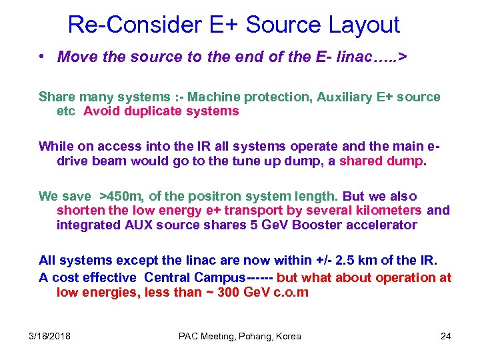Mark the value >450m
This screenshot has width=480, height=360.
coord(121,196)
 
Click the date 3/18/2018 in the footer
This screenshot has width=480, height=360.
coord(49,336)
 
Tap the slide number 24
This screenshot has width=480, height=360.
coord(445,336)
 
